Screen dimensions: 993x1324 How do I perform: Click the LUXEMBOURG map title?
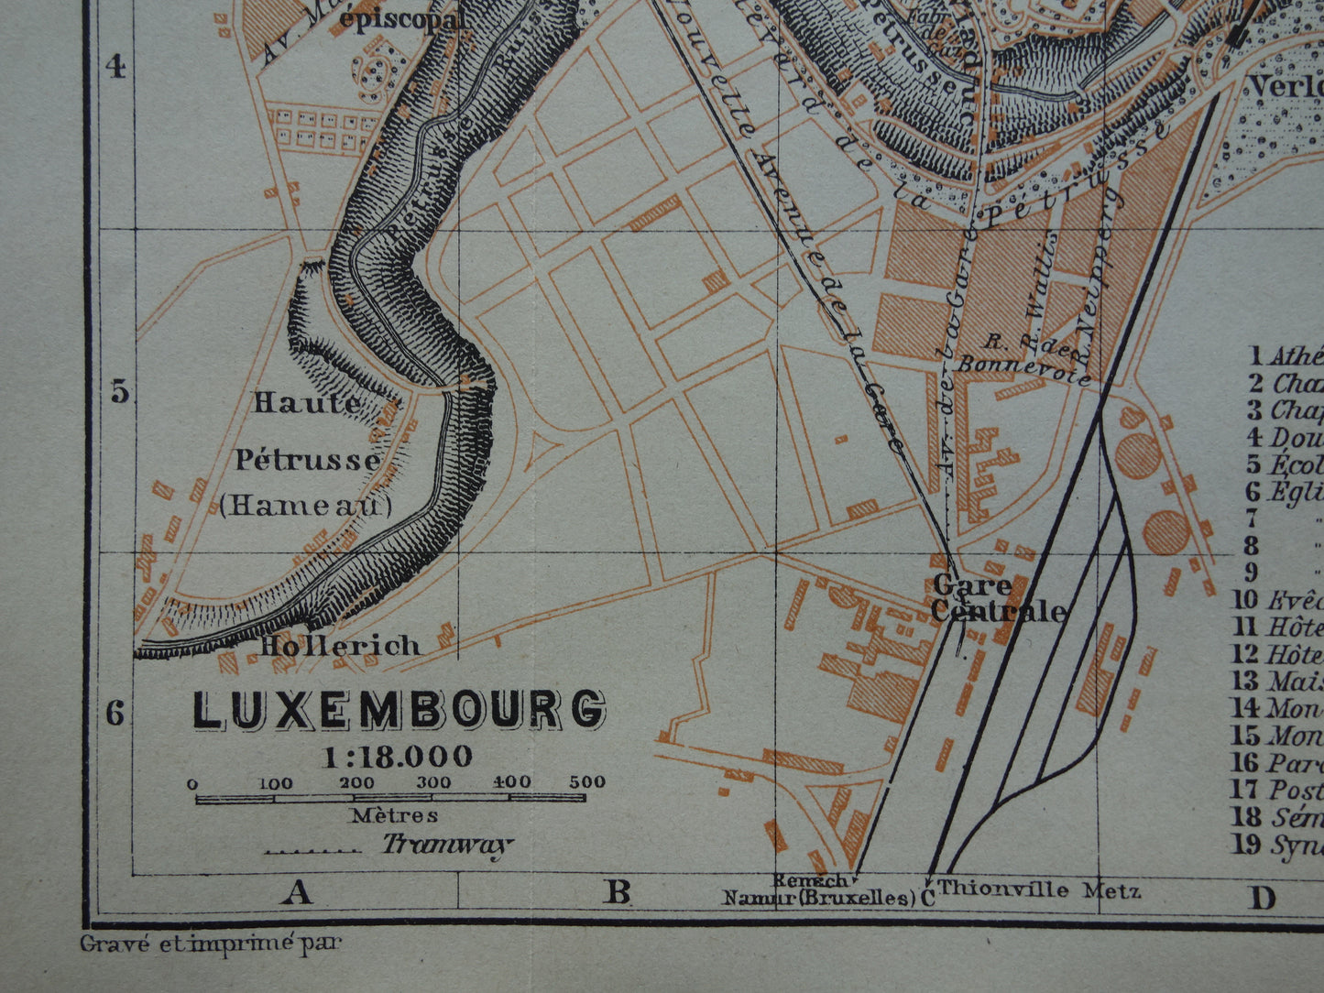coord(399,710)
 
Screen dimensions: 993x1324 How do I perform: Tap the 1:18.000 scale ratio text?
coord(397,757)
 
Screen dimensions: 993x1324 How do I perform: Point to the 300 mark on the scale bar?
coord(433,782)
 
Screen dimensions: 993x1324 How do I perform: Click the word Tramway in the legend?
coord(446,845)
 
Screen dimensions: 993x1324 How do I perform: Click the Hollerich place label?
coord(340,646)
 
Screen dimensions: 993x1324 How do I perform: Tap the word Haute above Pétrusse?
coord(307,402)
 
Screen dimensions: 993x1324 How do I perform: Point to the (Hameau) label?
coord(305,505)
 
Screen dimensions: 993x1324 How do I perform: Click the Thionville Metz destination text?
coord(1039,889)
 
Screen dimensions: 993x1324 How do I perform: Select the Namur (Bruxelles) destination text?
coord(819,898)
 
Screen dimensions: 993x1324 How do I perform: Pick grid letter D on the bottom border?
coord(1263,899)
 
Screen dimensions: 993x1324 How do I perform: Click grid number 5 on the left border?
coord(119,391)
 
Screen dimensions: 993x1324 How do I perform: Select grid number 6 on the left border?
coord(115,712)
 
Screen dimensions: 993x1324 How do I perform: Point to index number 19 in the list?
coord(1246,844)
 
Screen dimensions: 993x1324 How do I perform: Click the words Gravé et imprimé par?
coord(210,943)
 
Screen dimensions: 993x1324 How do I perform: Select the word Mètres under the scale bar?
coord(394,814)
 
